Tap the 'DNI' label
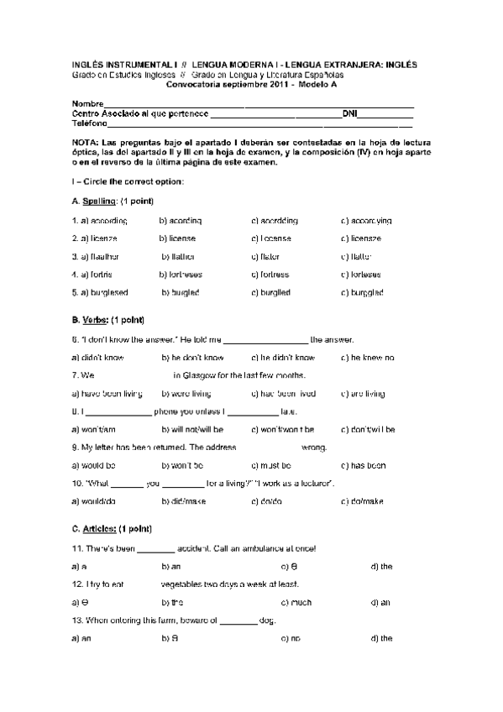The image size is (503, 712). pyautogui.click(x=349, y=113)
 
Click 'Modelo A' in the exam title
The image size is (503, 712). pyautogui.click(x=314, y=85)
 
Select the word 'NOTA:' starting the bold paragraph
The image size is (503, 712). pyautogui.click(x=85, y=144)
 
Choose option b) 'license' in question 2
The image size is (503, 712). pyautogui.click(x=178, y=238)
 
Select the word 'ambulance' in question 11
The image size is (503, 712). pyautogui.click(x=234, y=548)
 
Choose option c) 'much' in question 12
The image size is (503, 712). pyautogui.click(x=296, y=602)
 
